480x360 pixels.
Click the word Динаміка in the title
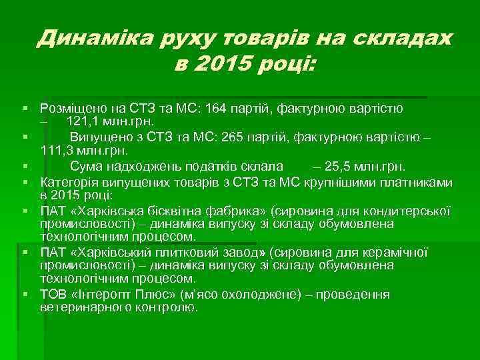click(x=93, y=39)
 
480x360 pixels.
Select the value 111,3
click(x=55, y=151)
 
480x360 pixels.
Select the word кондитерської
click(x=415, y=211)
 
